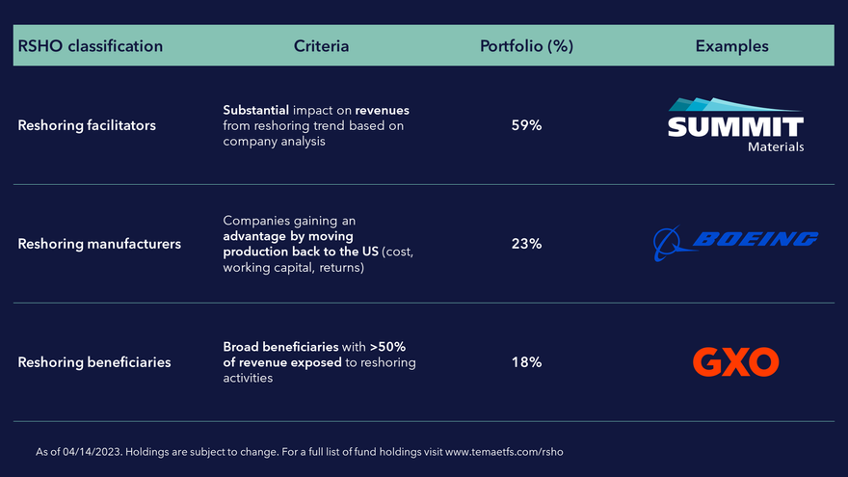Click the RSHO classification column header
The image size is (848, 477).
(91, 46)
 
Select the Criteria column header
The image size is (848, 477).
(321, 46)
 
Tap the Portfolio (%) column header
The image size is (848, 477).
(526, 46)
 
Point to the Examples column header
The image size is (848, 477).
(731, 46)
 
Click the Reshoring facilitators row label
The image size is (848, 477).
(87, 125)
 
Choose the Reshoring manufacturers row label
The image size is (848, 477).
(99, 244)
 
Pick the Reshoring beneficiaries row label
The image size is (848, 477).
(94, 362)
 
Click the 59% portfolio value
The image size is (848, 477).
(526, 125)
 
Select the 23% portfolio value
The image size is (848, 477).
(526, 244)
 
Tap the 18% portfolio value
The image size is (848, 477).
(526, 362)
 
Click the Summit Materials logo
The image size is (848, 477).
(735, 125)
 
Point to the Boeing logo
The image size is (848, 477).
(735, 243)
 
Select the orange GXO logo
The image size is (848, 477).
(735, 361)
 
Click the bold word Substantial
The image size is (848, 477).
(255, 110)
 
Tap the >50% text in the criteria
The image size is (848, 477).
(387, 347)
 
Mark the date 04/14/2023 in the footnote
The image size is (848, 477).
(92, 452)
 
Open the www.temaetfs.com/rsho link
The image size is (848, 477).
(504, 452)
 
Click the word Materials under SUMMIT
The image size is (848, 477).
(776, 146)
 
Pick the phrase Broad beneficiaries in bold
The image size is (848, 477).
(280, 347)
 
